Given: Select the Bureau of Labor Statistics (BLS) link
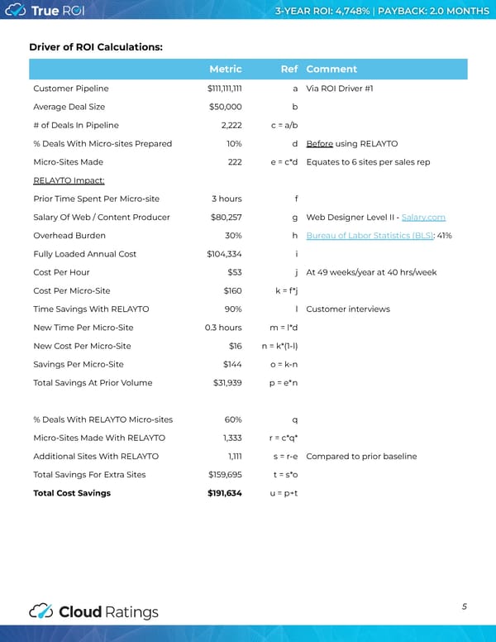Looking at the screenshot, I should pyautogui.click(x=364, y=236).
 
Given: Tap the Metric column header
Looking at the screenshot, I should pyautogui.click(x=226, y=69).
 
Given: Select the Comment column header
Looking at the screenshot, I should pyautogui.click(x=331, y=69).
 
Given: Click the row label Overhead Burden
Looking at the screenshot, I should pyautogui.click(x=69, y=236).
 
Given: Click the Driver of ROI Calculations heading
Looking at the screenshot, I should pyautogui.click(x=96, y=46).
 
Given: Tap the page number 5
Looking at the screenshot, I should pyautogui.click(x=465, y=606).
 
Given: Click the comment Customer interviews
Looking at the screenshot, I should pyautogui.click(x=347, y=309).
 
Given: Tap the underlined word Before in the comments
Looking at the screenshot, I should pyautogui.click(x=319, y=143).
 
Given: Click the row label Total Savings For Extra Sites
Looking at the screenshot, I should pyautogui.click(x=89, y=475).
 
